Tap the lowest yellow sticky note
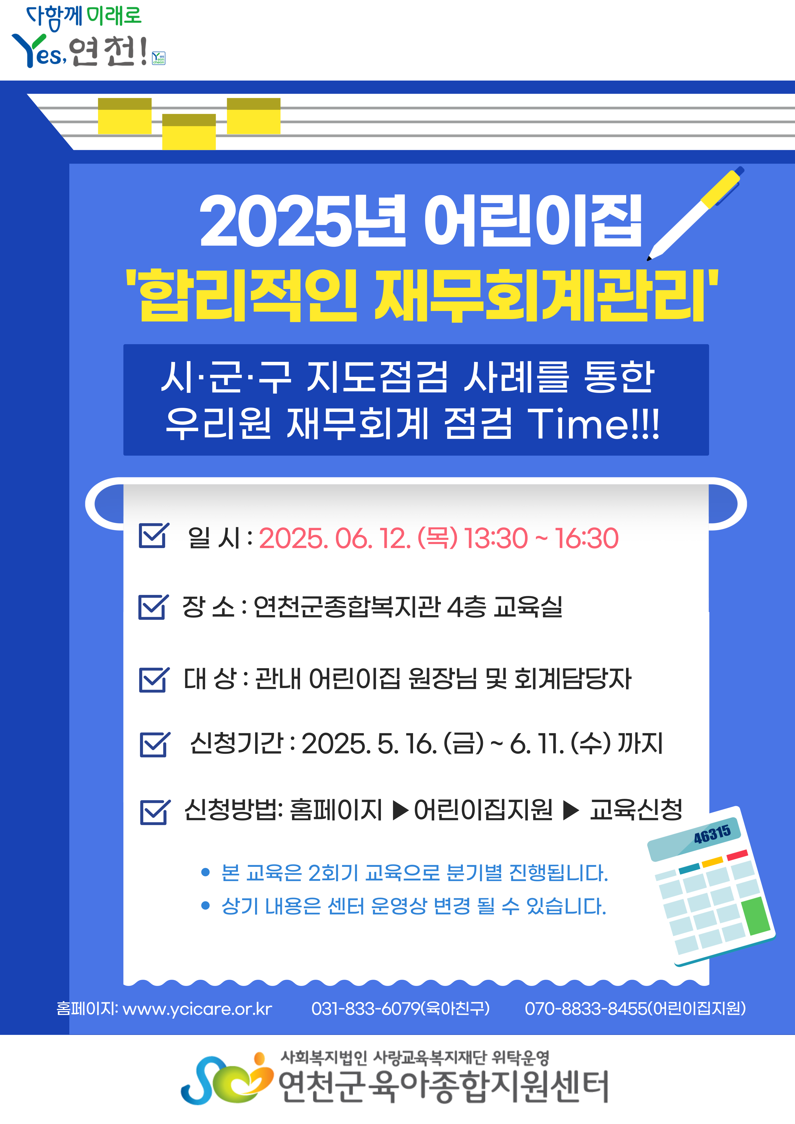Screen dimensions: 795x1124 (189, 132)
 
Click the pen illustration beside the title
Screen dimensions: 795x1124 (695, 214)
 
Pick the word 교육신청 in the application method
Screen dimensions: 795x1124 (636, 810)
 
